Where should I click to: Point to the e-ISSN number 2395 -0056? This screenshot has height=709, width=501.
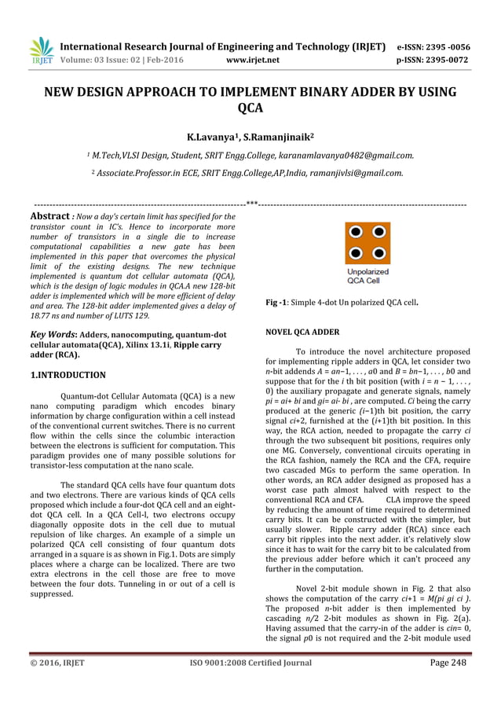448,46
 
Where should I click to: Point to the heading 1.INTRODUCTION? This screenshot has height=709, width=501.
68,375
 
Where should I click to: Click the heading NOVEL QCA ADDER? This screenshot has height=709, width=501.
303,332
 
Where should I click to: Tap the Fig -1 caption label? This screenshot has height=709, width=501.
276,303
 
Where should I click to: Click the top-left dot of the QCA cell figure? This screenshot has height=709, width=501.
357,232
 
